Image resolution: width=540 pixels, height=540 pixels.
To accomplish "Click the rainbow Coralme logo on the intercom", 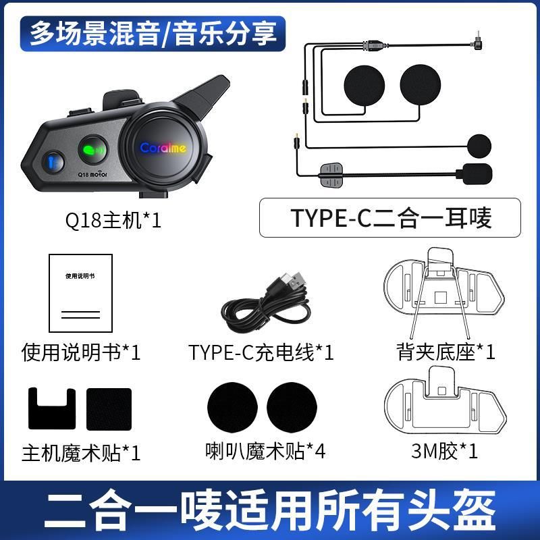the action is click(x=163, y=148).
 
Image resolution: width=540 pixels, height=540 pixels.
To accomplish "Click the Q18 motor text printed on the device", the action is click(x=92, y=174).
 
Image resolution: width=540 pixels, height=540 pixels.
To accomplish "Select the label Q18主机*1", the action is click(x=113, y=221).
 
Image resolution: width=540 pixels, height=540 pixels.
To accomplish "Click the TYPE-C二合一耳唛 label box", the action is click(x=390, y=217).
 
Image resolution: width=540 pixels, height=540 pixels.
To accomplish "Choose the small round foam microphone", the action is click(x=479, y=146).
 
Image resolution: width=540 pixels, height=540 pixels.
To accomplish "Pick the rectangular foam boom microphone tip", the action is click(x=475, y=174).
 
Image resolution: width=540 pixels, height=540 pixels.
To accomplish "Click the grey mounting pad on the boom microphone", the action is click(x=331, y=175).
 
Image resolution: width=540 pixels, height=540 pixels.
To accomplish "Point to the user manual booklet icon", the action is click(x=80, y=293).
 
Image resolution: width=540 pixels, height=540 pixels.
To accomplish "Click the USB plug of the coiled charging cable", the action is click(x=294, y=279).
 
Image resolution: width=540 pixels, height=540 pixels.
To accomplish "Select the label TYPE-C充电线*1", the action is click(x=261, y=352).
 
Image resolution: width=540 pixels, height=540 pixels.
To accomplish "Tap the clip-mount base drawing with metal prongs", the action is click(x=443, y=293).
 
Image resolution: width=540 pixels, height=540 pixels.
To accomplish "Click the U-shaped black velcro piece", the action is click(x=52, y=409).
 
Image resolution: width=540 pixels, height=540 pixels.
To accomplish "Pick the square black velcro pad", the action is click(x=109, y=409).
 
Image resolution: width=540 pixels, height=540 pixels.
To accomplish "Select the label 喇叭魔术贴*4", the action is click(x=265, y=451).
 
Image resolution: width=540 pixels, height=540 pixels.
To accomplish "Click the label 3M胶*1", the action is click(x=444, y=451).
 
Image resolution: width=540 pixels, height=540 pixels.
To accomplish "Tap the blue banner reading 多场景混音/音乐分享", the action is click(x=153, y=34).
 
